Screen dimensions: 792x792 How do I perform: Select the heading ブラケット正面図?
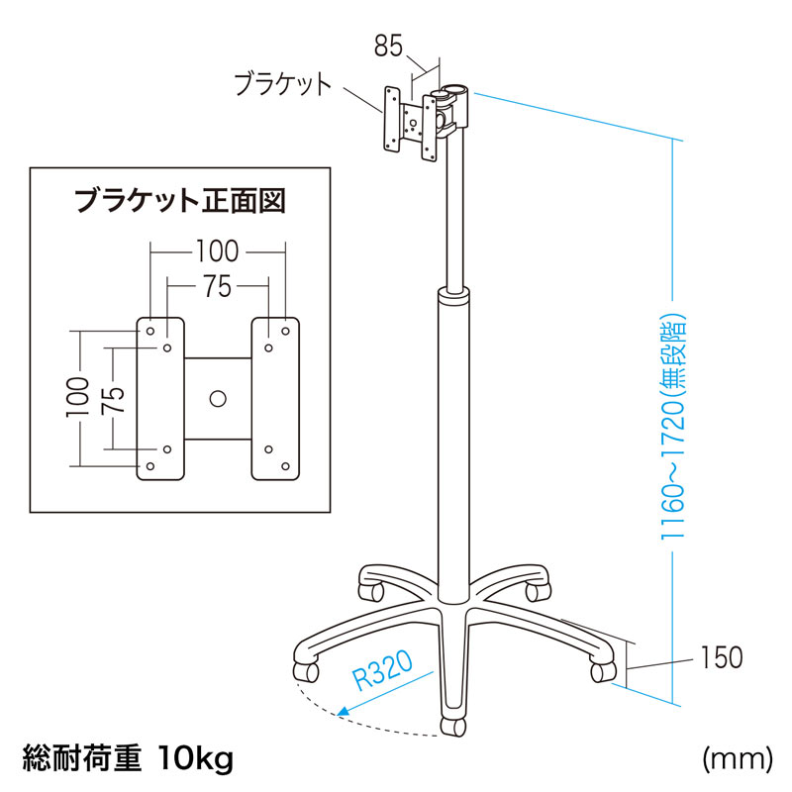pos(180,202)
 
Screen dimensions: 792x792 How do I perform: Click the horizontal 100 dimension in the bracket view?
pos(218,249)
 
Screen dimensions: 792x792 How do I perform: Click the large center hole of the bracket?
pos(218,399)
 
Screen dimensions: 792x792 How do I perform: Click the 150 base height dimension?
pos(721,657)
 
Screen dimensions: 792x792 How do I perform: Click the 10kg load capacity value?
pos(195,760)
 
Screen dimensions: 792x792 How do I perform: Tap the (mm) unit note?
pos(736,760)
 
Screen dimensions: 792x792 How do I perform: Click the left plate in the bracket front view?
pos(160,399)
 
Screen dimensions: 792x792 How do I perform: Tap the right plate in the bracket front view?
pos(275,399)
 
